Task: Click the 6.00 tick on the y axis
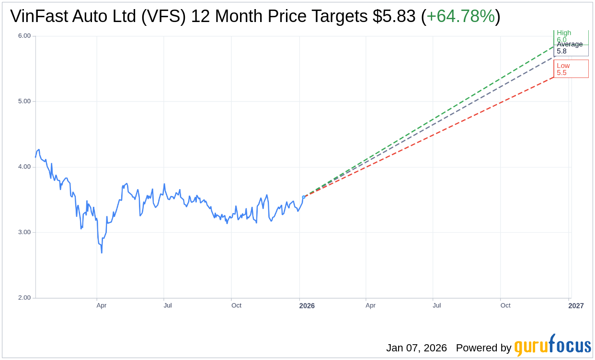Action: [24, 36]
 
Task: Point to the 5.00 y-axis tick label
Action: [24, 101]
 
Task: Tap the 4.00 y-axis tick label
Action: [24, 167]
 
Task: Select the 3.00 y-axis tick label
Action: [24, 232]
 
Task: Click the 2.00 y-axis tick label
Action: [24, 298]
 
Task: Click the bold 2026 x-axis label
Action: [307, 305]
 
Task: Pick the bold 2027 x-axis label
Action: [576, 305]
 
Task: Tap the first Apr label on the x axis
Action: [101, 305]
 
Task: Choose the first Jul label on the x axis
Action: [168, 305]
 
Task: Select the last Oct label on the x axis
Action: [505, 305]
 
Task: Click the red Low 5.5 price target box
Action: [571, 69]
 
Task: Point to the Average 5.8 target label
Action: [570, 47]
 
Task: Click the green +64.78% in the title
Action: [460, 16]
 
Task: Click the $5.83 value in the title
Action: [394, 16]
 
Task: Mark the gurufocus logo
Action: [552, 346]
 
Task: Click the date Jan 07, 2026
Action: [416, 348]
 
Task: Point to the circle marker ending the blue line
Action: [304, 197]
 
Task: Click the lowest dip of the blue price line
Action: [102, 252]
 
